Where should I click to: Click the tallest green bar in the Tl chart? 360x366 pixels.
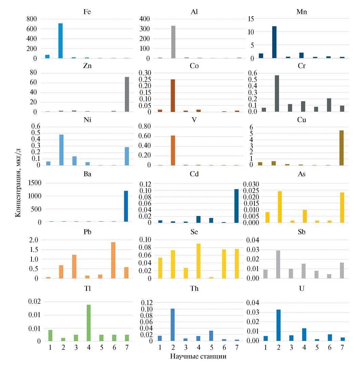[x=88, y=323]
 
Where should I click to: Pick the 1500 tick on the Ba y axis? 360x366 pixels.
[x=30, y=183]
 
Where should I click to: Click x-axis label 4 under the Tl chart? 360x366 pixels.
[x=88, y=348]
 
